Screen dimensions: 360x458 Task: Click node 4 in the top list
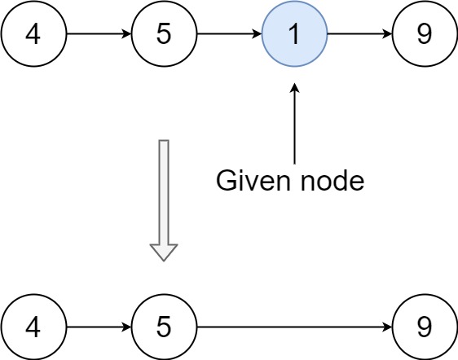coord(33,35)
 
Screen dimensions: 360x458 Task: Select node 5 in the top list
coord(164,35)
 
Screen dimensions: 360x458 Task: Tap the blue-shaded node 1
coord(294,35)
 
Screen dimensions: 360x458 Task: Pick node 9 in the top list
coord(425,35)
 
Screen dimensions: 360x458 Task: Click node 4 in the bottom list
coord(33,327)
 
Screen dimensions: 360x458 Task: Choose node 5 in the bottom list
coord(164,327)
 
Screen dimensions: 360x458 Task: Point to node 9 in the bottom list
coord(425,327)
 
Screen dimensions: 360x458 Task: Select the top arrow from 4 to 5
coord(98,35)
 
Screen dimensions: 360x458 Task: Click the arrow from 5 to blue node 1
coord(228,35)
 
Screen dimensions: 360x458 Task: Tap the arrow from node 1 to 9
coord(359,35)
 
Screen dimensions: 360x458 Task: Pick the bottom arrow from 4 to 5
coord(98,327)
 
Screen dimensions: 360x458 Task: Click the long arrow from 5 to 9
coord(293,327)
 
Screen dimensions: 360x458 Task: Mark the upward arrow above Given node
coord(294,122)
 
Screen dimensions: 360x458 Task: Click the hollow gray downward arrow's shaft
coord(164,191)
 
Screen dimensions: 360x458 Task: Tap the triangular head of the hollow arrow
coord(164,251)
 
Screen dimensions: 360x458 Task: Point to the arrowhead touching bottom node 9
coord(386,327)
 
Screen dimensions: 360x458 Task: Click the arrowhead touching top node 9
coord(386,35)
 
